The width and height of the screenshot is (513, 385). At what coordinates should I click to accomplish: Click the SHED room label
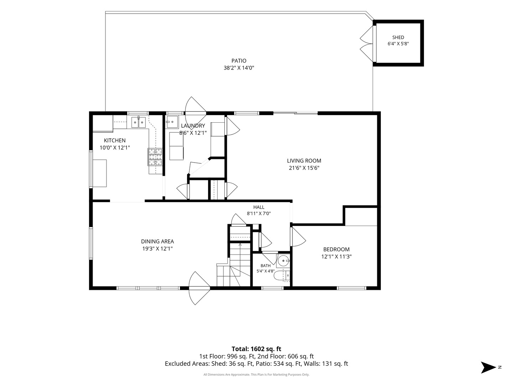pyautogui.click(x=398, y=37)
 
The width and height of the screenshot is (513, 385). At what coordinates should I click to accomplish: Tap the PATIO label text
pyautogui.click(x=239, y=61)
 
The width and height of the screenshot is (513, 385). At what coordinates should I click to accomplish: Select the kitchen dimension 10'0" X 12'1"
pyautogui.click(x=114, y=148)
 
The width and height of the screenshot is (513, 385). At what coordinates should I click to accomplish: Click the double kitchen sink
pyautogui.click(x=138, y=122)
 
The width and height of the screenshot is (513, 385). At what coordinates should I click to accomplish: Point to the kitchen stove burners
pyautogui.click(x=155, y=157)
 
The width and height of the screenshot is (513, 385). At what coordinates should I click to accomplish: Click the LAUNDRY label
pyautogui.click(x=193, y=126)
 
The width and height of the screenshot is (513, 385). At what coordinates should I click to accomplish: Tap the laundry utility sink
pyautogui.click(x=172, y=122)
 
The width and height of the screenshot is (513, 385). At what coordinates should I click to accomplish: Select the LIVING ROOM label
pyautogui.click(x=304, y=161)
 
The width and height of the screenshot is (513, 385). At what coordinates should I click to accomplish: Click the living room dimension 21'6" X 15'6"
pyautogui.click(x=304, y=168)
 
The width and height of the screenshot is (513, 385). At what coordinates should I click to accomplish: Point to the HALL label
pyautogui.click(x=259, y=207)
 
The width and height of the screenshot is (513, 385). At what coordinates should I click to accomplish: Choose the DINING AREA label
pyautogui.click(x=157, y=241)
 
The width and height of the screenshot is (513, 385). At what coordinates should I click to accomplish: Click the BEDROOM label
pyautogui.click(x=336, y=250)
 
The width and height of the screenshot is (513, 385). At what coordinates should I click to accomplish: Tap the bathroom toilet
pyautogui.click(x=282, y=275)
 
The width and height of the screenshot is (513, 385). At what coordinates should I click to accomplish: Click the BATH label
pyautogui.click(x=265, y=266)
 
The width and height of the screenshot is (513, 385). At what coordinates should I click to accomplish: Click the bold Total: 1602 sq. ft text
pyautogui.click(x=256, y=349)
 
